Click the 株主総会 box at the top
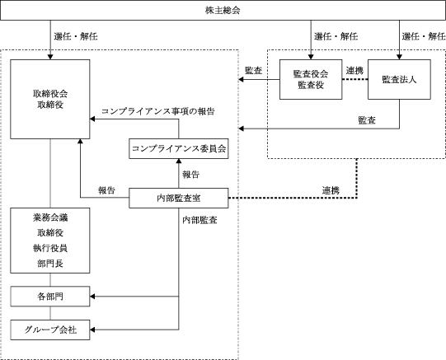pyautogui.click(x=223, y=10)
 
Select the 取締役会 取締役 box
pyautogui.click(x=50, y=99)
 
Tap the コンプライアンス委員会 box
pyautogui.click(x=179, y=148)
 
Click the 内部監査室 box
pyautogui.click(x=179, y=198)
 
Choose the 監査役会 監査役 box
pyautogui.click(x=311, y=79)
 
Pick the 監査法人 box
pyautogui.click(x=399, y=79)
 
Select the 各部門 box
pyautogui.click(x=50, y=297)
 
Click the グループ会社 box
pyautogui.click(x=50, y=330)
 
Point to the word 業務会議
pyautogui.click(x=50, y=217)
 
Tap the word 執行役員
pyautogui.click(x=50, y=248)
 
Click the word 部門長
pyautogui.click(x=50, y=264)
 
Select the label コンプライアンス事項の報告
pyautogui.click(x=158, y=111)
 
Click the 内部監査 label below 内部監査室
pyautogui.click(x=200, y=220)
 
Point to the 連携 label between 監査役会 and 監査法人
pyautogui.click(x=354, y=70)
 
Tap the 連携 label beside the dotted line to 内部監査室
pyautogui.click(x=331, y=190)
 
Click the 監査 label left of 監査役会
pyautogui.click(x=253, y=70)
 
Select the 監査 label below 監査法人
pyautogui.click(x=367, y=120)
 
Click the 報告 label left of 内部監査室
pyautogui.click(x=106, y=190)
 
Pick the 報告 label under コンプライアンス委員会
pyautogui.click(x=191, y=175)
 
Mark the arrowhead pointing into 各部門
pyautogui.click(x=92, y=297)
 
